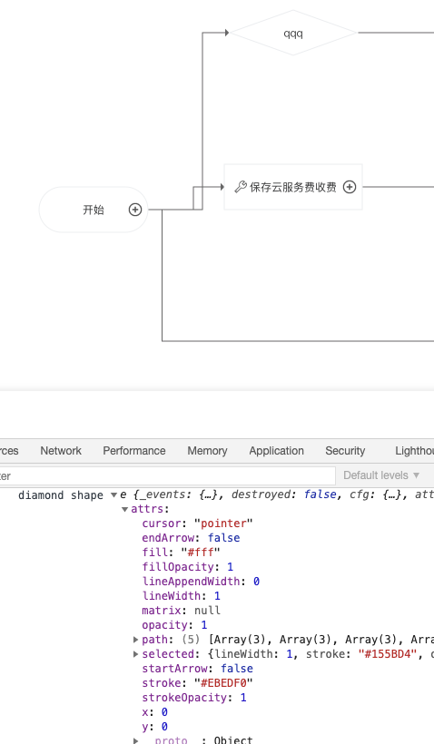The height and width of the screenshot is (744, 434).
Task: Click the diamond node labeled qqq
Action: pyautogui.click(x=293, y=34)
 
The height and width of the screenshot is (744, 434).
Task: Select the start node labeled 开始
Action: pyautogui.click(x=93, y=210)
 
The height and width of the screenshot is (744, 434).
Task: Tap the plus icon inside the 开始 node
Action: pyautogui.click(x=135, y=210)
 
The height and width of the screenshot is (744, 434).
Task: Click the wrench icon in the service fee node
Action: pyautogui.click(x=241, y=187)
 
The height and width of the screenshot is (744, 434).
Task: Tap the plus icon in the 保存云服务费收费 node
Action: pyautogui.click(x=349, y=187)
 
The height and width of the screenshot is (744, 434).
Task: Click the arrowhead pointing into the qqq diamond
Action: pyautogui.click(x=226, y=33)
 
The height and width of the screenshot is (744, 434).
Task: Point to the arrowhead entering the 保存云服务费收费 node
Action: pyautogui.click(x=221, y=186)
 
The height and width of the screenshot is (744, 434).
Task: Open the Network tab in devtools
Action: pyautogui.click(x=61, y=451)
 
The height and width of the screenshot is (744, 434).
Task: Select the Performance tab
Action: pyautogui.click(x=133, y=451)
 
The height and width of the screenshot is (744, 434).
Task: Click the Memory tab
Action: pyautogui.click(x=207, y=451)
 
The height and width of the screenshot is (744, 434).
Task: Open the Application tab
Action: pyautogui.click(x=276, y=451)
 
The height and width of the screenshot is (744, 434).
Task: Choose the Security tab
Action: pyautogui.click(x=345, y=451)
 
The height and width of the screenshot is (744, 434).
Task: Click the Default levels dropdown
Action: pyautogui.click(x=381, y=475)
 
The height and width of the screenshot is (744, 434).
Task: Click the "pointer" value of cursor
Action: pyautogui.click(x=223, y=524)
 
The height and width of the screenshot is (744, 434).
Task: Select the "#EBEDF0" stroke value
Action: pyautogui.click(x=222, y=683)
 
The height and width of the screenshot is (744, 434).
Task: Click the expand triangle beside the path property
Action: pyautogui.click(x=136, y=640)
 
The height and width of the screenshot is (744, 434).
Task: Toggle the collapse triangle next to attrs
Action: pyautogui.click(x=125, y=510)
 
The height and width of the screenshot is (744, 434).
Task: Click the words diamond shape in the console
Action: pyautogui.click(x=61, y=495)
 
